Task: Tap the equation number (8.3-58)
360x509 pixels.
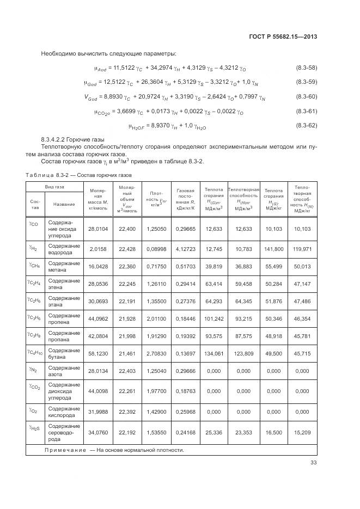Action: point(306,67)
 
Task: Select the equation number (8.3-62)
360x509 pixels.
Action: point(306,126)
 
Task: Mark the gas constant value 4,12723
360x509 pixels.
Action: point(186,249)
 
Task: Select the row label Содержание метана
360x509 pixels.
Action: point(64,267)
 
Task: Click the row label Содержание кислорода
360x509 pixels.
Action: point(64,412)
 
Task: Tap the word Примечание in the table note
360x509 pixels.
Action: point(65,450)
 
